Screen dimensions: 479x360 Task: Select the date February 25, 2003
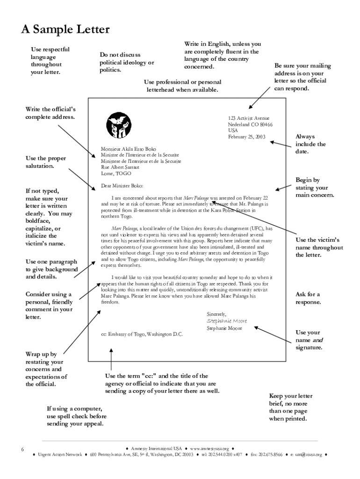pos(246,137)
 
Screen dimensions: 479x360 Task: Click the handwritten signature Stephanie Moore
pos(226,321)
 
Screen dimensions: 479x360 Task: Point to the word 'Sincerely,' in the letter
pos(216,314)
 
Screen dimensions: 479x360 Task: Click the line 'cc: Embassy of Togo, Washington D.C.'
pos(142,334)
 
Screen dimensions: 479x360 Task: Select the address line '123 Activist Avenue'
pos(249,119)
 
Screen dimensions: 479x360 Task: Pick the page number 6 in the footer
pos(22,450)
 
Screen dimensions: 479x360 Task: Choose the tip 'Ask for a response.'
pos(308,298)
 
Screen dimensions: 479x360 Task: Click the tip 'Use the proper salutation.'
pos(45,162)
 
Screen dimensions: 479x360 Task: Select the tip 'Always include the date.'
pos(310,144)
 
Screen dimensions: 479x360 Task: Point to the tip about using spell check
pos(77,416)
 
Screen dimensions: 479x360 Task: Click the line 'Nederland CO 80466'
pos(250,125)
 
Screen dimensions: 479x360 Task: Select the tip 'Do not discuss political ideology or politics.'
pos(127,63)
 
